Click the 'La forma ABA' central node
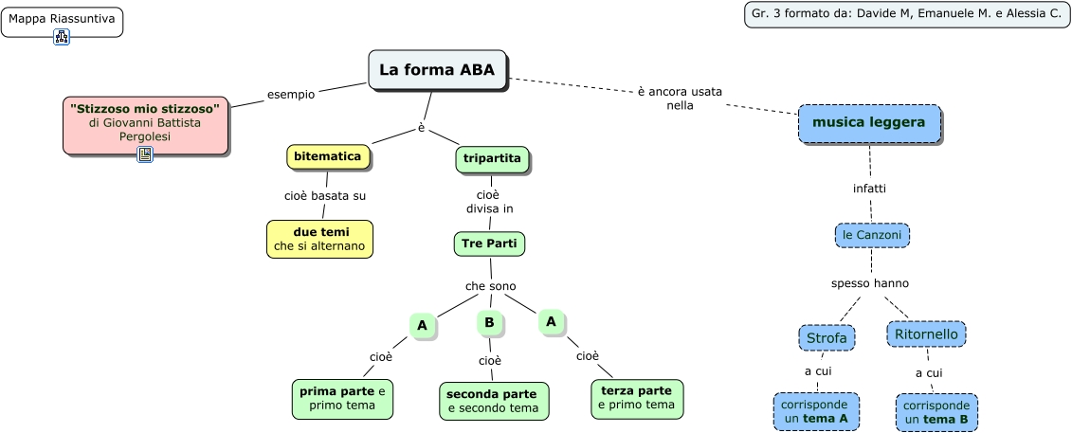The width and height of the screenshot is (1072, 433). tap(437, 70)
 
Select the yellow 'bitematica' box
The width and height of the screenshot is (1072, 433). tap(327, 156)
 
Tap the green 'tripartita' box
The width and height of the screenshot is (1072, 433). tap(492, 159)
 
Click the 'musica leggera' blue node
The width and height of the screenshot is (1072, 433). tap(869, 123)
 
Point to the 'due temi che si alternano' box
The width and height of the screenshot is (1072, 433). tap(320, 239)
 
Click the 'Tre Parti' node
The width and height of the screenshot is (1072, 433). tap(489, 244)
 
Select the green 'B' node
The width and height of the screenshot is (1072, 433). tap(489, 323)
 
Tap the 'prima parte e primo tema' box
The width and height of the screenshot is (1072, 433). tap(342, 399)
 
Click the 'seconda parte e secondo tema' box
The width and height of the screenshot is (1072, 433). tap(493, 401)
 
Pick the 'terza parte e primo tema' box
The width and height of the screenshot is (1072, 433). tap(635, 398)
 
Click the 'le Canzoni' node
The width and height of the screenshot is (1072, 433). tap(872, 234)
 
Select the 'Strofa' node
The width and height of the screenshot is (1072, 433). tap(827, 338)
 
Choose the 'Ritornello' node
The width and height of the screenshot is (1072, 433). tap(926, 334)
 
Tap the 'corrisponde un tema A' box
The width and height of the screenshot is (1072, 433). tap(816, 411)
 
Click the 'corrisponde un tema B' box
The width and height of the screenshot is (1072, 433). tap(936, 412)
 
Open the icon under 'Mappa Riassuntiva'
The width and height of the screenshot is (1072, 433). tap(62, 37)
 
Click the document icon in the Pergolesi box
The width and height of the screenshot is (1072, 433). tap(145, 153)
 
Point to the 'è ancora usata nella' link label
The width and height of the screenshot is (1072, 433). tap(679, 99)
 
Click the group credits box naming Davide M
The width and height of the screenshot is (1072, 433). tap(906, 14)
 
